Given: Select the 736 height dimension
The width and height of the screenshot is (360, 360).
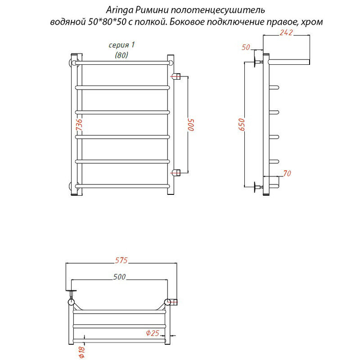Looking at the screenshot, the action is [79, 125].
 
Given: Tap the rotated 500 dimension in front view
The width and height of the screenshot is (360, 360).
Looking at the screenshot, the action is [191, 125].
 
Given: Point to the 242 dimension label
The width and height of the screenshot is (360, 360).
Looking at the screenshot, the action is [286, 33].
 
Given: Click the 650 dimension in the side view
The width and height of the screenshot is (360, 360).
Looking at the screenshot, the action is [242, 125].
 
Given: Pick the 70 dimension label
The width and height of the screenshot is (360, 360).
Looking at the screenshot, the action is [287, 173].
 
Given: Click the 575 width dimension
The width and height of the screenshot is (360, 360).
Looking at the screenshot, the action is [121, 261].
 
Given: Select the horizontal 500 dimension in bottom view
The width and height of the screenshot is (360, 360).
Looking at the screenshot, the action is [119, 277].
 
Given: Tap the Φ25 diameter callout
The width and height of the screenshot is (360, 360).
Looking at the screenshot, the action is [153, 333].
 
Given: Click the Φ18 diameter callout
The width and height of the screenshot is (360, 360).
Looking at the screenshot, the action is [82, 352].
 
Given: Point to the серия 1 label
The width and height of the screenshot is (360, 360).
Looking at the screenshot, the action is [121, 45].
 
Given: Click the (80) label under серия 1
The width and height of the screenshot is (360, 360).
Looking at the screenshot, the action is [121, 55].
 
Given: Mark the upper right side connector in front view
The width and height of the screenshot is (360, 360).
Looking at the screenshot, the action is [176, 76].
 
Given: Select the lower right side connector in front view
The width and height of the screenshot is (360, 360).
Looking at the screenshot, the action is [176, 172].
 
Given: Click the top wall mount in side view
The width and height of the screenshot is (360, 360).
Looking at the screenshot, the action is [257, 62].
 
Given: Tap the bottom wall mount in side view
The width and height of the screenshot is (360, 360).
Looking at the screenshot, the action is [257, 187].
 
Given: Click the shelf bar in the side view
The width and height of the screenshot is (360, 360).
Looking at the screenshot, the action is [289, 62].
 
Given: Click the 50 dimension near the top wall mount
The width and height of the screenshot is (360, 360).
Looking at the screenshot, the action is [246, 47].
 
